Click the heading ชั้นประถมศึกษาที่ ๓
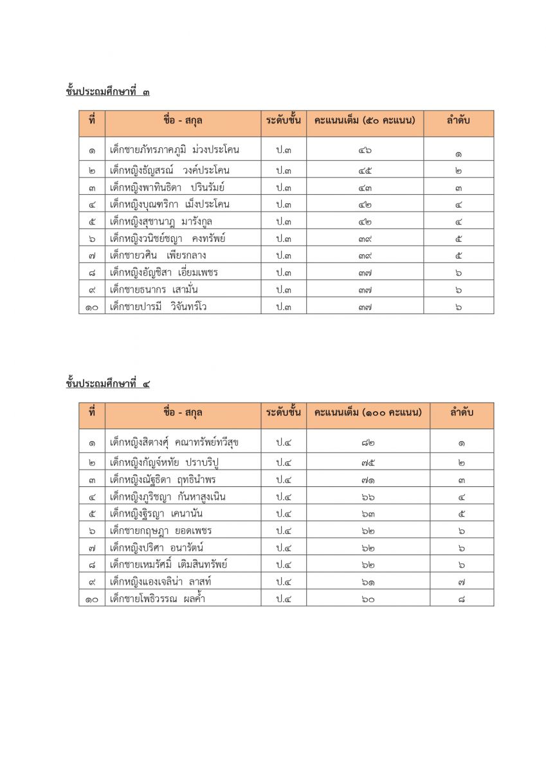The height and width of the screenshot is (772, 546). point(107,91)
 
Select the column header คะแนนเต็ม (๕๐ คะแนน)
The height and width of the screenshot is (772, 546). point(365,120)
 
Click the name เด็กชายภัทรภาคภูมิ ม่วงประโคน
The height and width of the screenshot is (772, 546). point(174,150)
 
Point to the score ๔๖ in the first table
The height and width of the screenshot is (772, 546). point(365,151)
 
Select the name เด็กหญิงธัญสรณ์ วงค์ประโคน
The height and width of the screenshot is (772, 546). point(170,170)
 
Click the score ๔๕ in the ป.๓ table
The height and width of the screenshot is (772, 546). point(365,171)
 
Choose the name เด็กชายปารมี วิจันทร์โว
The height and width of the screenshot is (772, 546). point(158,307)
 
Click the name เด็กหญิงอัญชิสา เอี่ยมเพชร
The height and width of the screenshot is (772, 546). point(164,272)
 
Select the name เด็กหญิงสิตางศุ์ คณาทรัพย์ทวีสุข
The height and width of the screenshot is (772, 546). point(174,442)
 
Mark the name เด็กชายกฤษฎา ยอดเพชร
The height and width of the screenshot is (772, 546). point(161,531)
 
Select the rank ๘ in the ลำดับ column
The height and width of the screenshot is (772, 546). point(462,600)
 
